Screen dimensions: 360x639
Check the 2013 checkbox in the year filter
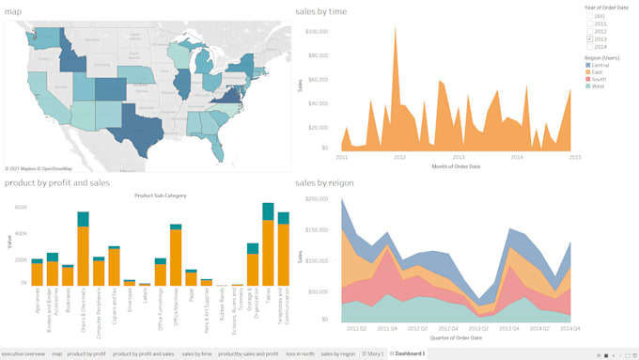click(x=590, y=39)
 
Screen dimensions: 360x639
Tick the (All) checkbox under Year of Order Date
click(x=590, y=15)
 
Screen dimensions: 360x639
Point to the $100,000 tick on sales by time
click(x=315, y=30)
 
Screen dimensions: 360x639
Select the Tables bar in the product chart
click(x=268, y=249)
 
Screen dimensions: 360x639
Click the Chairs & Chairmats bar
click(x=83, y=254)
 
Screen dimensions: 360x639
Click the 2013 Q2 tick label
click(x=482, y=328)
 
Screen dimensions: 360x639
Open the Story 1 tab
click(x=375, y=353)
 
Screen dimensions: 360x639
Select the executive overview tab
click(x=23, y=353)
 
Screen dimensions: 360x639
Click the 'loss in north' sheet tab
click(x=300, y=353)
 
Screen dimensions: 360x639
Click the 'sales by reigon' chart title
click(x=325, y=182)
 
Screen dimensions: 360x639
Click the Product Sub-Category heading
click(x=160, y=196)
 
